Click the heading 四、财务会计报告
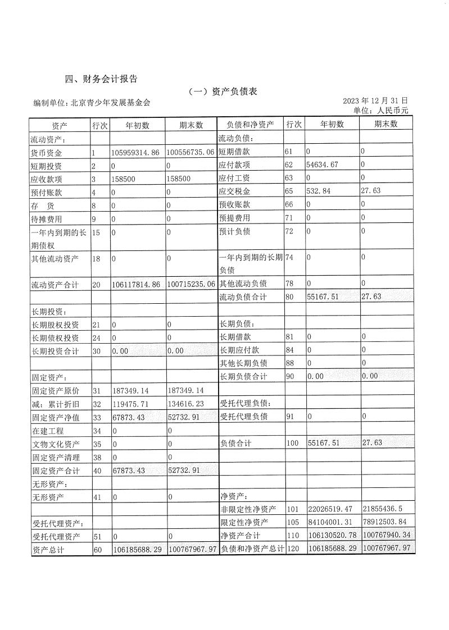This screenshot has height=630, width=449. pyautogui.click(x=101, y=79)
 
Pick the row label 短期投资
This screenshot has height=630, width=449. pyautogui.click(x=46, y=166)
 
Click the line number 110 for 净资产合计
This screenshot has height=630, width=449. pyautogui.click(x=293, y=536)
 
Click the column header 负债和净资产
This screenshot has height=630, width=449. pyautogui.click(x=250, y=125)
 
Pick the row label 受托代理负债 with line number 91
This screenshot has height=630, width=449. pyautogui.click(x=243, y=417)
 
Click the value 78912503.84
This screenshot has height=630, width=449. pyautogui.click(x=388, y=522)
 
